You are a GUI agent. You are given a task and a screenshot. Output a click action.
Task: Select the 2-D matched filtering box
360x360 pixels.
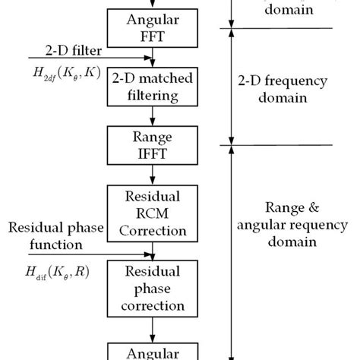(x=154, y=87)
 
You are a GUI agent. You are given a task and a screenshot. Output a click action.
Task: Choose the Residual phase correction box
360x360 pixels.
(x=154, y=291)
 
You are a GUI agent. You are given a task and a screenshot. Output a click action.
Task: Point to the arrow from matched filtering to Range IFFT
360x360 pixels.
(x=154, y=115)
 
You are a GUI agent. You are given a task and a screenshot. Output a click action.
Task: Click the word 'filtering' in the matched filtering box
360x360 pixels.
(x=154, y=96)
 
